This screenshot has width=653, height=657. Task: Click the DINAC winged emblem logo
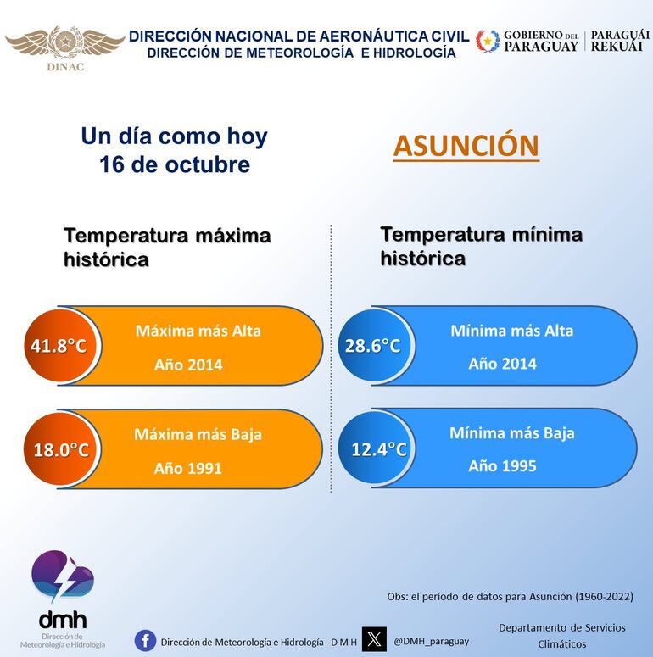(64, 42)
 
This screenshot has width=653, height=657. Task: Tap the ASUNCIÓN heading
(466, 145)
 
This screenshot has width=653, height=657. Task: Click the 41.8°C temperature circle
(59, 346)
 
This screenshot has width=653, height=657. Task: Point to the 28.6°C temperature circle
(373, 346)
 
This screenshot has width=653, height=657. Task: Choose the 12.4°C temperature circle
(378, 449)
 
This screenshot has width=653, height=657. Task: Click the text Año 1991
(187, 468)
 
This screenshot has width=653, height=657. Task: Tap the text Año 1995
(502, 465)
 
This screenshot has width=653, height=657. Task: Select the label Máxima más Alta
(198, 331)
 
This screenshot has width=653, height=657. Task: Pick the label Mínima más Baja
(511, 433)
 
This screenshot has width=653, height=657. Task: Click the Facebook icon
(145, 641)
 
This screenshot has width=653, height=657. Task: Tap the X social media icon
(374, 639)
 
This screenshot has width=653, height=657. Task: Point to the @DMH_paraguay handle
(431, 641)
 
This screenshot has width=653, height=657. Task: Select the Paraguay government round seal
(488, 41)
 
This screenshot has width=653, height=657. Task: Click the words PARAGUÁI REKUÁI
(620, 41)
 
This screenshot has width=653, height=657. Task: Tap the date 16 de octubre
(174, 164)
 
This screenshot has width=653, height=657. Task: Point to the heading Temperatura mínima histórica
(481, 246)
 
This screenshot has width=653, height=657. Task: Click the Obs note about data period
(510, 597)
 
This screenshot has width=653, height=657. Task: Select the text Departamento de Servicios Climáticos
(561, 636)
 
